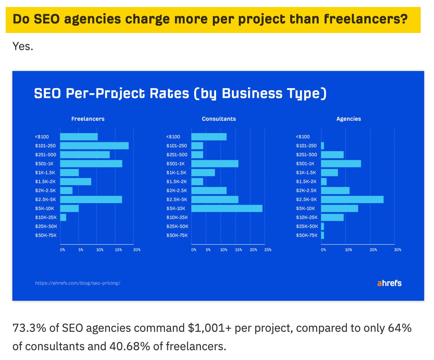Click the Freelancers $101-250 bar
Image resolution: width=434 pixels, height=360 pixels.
point(94,146)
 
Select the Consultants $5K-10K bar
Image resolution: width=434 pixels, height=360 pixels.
point(227,209)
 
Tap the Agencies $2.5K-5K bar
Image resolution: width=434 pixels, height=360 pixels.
point(352,200)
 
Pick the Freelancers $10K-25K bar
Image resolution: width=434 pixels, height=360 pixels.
point(63,217)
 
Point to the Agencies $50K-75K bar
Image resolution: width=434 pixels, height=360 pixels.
point(322,235)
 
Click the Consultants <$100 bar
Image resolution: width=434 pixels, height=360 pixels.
point(209,137)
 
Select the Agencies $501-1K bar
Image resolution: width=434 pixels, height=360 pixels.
point(341,164)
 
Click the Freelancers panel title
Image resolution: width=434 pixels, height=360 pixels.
point(88,119)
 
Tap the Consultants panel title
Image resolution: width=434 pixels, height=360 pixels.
point(219,119)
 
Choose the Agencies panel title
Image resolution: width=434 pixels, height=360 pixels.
point(348,119)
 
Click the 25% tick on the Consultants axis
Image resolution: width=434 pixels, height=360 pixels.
point(268,250)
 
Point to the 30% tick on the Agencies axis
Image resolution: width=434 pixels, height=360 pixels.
point(398,250)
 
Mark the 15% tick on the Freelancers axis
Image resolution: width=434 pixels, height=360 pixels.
point(118,250)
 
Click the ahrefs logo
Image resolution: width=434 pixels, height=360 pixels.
point(389,283)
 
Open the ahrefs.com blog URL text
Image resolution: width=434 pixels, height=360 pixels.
point(78,283)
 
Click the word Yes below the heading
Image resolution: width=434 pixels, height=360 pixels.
point(23,47)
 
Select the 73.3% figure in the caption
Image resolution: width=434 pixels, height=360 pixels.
point(29,328)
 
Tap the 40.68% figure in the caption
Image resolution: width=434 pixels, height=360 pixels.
point(130,346)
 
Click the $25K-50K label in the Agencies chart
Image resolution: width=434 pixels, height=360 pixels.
point(307,227)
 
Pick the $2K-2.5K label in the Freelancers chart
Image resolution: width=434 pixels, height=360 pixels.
point(45,190)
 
